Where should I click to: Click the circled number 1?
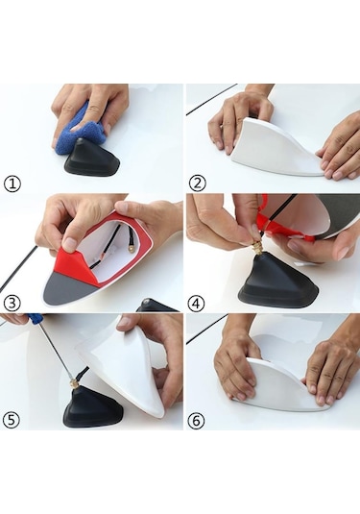click(12, 184)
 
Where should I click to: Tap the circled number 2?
click(198, 184)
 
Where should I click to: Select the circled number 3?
click(12, 304)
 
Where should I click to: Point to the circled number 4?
click(196, 304)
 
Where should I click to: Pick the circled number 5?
click(12, 420)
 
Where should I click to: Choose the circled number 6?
click(196, 420)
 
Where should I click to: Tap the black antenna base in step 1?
click(94, 158)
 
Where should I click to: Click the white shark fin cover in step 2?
click(276, 149)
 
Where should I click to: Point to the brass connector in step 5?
click(73, 381)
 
